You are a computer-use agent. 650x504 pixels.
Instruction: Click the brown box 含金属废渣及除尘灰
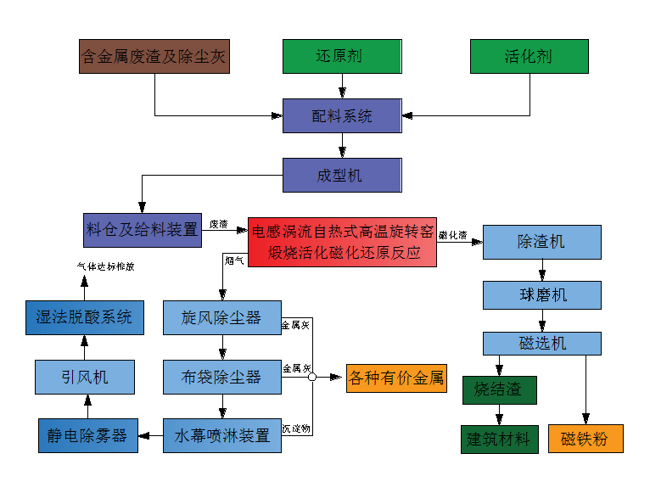pos(154,57)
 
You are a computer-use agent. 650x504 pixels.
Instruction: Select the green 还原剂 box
pos(341,57)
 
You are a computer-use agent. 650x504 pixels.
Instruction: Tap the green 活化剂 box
pos(530,57)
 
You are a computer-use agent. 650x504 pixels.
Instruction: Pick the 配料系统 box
pos(341,116)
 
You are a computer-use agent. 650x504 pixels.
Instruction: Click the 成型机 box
pos(341,176)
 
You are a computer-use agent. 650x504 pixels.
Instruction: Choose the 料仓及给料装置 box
pos(143,230)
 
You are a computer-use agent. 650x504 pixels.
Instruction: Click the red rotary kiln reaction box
pos(342,242)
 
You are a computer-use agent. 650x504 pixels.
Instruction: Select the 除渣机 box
pos(541,242)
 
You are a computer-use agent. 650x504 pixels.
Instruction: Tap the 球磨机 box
pos(541,295)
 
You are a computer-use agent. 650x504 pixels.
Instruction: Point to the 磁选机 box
pos(541,343)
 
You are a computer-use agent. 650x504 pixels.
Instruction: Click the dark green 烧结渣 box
pos(499,390)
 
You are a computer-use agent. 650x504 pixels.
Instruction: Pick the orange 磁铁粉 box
pos(586,439)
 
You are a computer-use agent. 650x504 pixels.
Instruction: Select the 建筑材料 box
pos(499,439)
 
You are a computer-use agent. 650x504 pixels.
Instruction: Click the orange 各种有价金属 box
pos(396,378)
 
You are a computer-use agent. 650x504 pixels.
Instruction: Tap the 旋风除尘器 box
pos(221,318)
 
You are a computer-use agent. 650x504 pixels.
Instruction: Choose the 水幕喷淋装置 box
pos(221,435)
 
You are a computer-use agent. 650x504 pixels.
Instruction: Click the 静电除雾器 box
pos(87,435)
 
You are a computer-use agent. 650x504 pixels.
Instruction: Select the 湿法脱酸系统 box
pos(84,318)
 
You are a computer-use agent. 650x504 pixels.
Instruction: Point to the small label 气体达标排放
pos(106,266)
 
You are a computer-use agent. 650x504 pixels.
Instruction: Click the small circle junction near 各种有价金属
pos(312,377)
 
